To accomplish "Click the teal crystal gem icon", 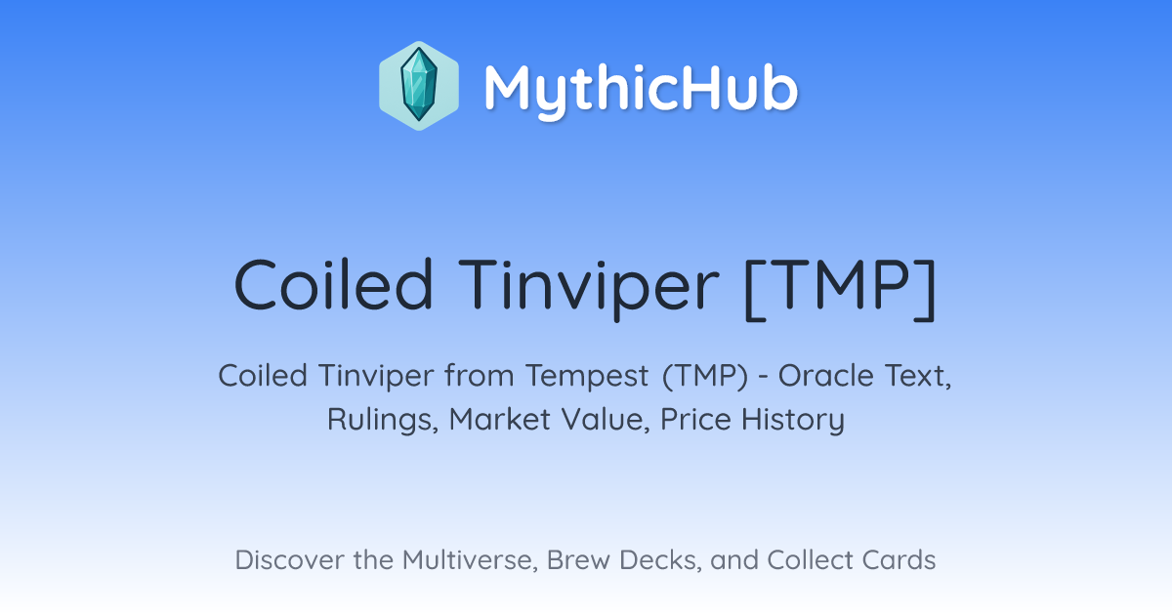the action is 419,86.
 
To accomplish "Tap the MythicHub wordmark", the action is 641,90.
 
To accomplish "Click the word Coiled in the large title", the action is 334,284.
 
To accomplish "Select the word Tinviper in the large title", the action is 589,289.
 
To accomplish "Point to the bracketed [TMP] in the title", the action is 840,289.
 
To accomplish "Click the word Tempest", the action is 587,377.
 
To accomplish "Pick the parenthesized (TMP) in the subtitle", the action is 705,377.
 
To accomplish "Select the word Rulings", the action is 383,420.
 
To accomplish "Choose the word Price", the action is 695,419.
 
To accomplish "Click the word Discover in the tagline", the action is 288,559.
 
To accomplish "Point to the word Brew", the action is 578,559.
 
